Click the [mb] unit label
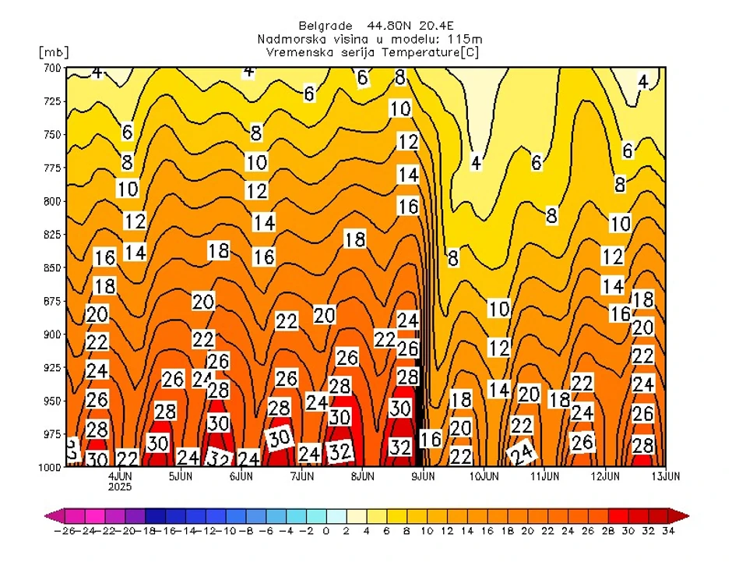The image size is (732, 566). coord(53,53)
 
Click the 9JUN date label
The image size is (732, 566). coord(423,475)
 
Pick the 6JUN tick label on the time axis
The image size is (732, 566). coord(241,475)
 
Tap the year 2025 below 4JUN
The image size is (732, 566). coord(120,486)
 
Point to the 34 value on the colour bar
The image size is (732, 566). coord(668,531)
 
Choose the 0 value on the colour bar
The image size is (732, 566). coord(326,531)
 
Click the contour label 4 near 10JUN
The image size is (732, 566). coord(476,163)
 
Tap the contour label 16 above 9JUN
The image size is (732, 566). coord(431,439)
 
